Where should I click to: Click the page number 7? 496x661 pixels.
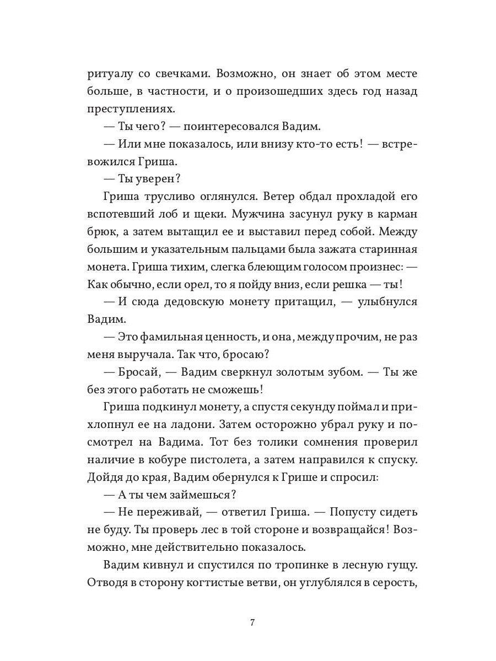click(x=252, y=623)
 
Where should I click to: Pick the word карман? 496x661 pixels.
click(x=393, y=214)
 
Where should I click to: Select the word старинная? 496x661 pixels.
click(x=379, y=250)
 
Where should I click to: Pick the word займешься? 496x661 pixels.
click(x=206, y=495)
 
